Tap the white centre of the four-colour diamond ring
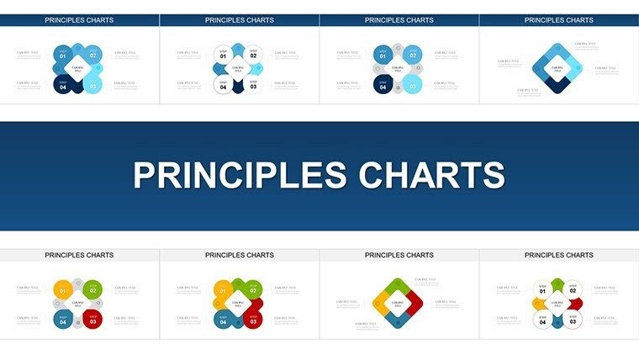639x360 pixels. [397, 302]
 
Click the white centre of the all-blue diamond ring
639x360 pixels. [557, 66]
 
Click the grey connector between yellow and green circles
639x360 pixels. [77, 283]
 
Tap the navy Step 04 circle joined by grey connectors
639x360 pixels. [383, 85]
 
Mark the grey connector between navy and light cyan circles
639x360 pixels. [397, 90]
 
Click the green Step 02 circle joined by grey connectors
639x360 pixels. [92, 289]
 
